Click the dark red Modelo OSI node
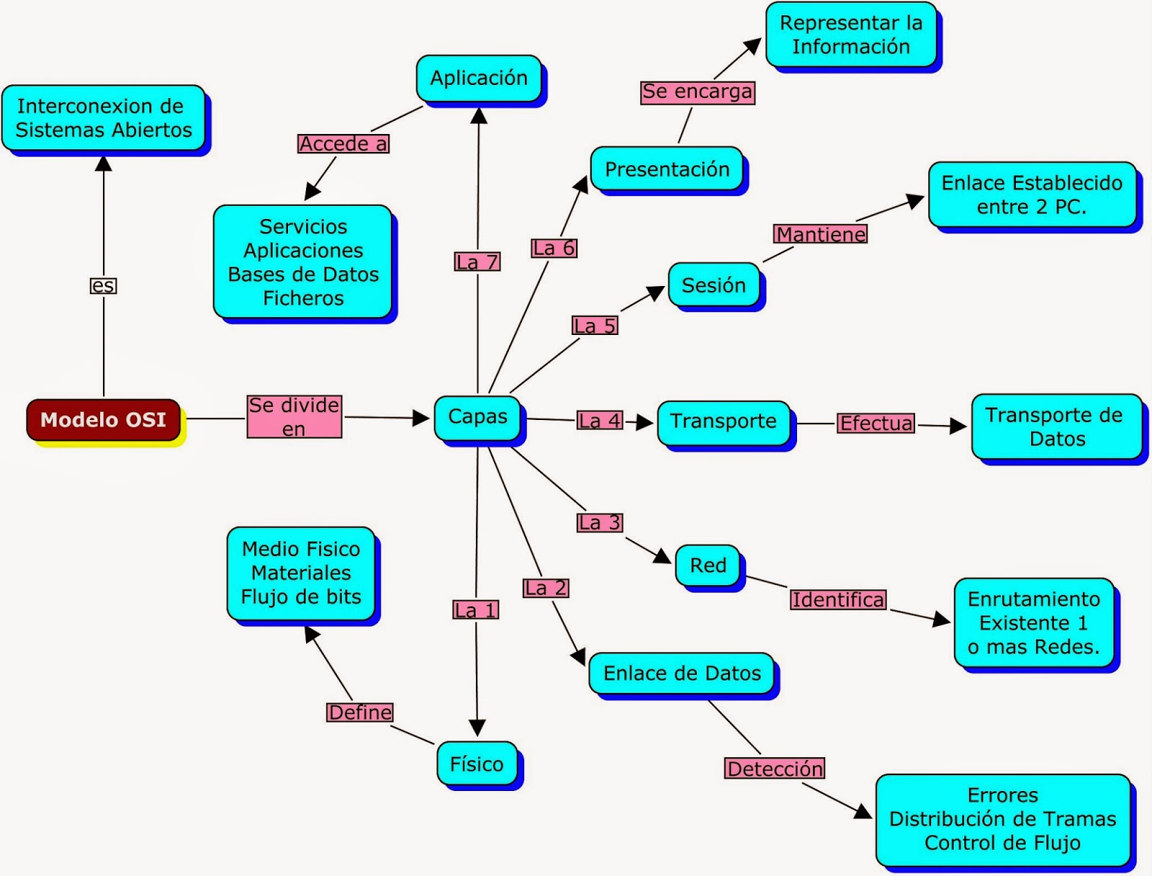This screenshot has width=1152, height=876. pyautogui.click(x=103, y=419)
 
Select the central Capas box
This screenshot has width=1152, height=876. pyautogui.click(x=477, y=417)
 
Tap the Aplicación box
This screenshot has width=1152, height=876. pyautogui.click(x=479, y=78)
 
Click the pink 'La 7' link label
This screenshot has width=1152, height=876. pyautogui.click(x=477, y=262)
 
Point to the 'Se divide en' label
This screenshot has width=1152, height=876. pyautogui.click(x=294, y=416)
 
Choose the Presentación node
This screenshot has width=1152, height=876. pyautogui.click(x=667, y=169)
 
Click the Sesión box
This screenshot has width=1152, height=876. pyautogui.click(x=714, y=285)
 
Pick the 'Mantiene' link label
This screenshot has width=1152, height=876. pyautogui.click(x=821, y=234)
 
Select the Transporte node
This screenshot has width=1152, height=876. pyautogui.click(x=724, y=421)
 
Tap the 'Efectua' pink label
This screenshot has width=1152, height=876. pyautogui.click(x=876, y=423)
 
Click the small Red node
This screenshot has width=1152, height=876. pyautogui.click(x=708, y=566)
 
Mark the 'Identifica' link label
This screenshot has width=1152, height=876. pyautogui.click(x=838, y=599)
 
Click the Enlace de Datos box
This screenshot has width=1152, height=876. pyautogui.click(x=682, y=674)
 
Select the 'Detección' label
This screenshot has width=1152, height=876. pyautogui.click(x=775, y=769)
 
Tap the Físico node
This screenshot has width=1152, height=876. pyautogui.click(x=477, y=764)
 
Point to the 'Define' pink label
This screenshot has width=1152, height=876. pyautogui.click(x=361, y=712)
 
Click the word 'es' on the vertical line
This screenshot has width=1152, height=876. pyautogui.click(x=103, y=286)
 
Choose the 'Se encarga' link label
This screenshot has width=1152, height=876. pyautogui.click(x=698, y=91)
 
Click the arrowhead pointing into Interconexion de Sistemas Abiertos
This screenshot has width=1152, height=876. pyautogui.click(x=104, y=164)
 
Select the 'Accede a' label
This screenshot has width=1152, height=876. pyautogui.click(x=343, y=144)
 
